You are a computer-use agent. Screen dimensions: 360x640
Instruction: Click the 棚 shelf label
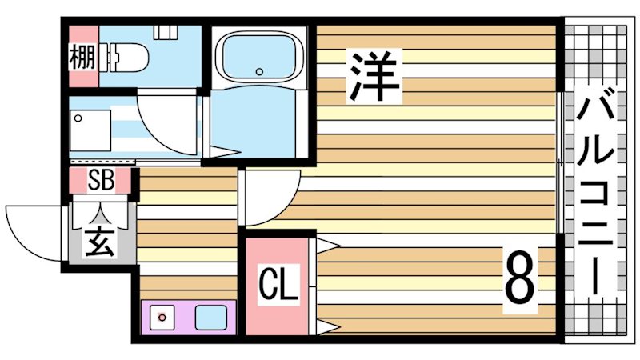81,58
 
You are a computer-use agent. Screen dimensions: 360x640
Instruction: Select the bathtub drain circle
259,71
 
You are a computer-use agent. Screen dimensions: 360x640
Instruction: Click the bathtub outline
261,58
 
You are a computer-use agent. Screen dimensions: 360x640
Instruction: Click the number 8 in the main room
519,276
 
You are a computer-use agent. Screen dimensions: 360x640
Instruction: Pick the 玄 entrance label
101,239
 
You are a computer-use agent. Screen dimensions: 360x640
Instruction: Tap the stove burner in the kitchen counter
162,318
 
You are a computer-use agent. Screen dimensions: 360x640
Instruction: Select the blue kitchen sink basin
211,318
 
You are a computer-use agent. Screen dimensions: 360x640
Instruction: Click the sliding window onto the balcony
558,161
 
